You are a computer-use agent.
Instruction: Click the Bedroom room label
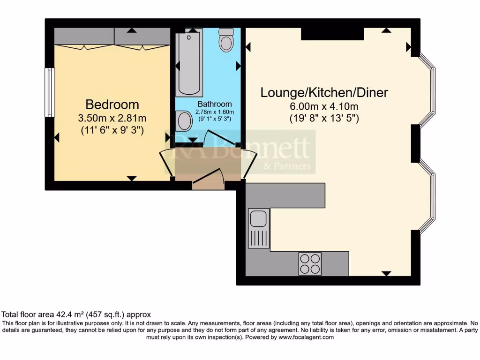click(x=112, y=104)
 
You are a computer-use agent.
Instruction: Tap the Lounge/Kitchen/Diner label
click(x=324, y=92)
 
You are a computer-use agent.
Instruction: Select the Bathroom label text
click(x=214, y=104)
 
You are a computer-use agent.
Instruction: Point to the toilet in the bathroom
click(x=226, y=40)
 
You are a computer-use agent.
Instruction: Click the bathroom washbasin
click(x=183, y=121)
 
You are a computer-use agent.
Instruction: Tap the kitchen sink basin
click(x=258, y=218)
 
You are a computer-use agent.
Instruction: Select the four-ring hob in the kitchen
click(x=310, y=264)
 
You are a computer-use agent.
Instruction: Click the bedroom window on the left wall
click(x=50, y=92)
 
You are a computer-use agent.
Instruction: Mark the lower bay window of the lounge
click(x=427, y=196)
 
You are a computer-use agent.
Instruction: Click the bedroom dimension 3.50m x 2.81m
click(x=112, y=118)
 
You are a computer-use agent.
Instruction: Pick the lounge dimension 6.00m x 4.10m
click(x=324, y=106)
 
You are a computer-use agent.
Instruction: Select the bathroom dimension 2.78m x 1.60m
click(x=214, y=112)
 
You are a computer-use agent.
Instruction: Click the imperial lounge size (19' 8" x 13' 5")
click(x=324, y=118)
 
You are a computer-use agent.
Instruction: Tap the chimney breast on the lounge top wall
click(x=332, y=34)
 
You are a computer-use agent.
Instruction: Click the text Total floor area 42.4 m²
click(x=56, y=315)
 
